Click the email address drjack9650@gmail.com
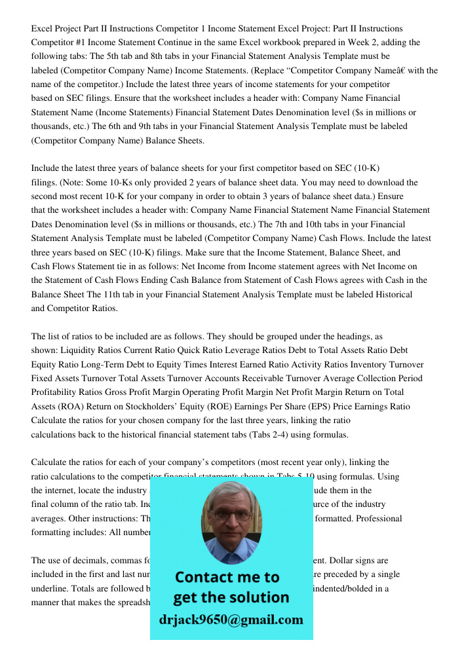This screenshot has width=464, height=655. click(x=231, y=620)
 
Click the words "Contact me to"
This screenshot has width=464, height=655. click(x=227, y=577)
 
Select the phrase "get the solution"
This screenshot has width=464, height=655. click(x=231, y=597)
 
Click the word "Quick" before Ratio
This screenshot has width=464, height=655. click(x=199, y=350)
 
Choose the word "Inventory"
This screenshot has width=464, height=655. click(x=372, y=364)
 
